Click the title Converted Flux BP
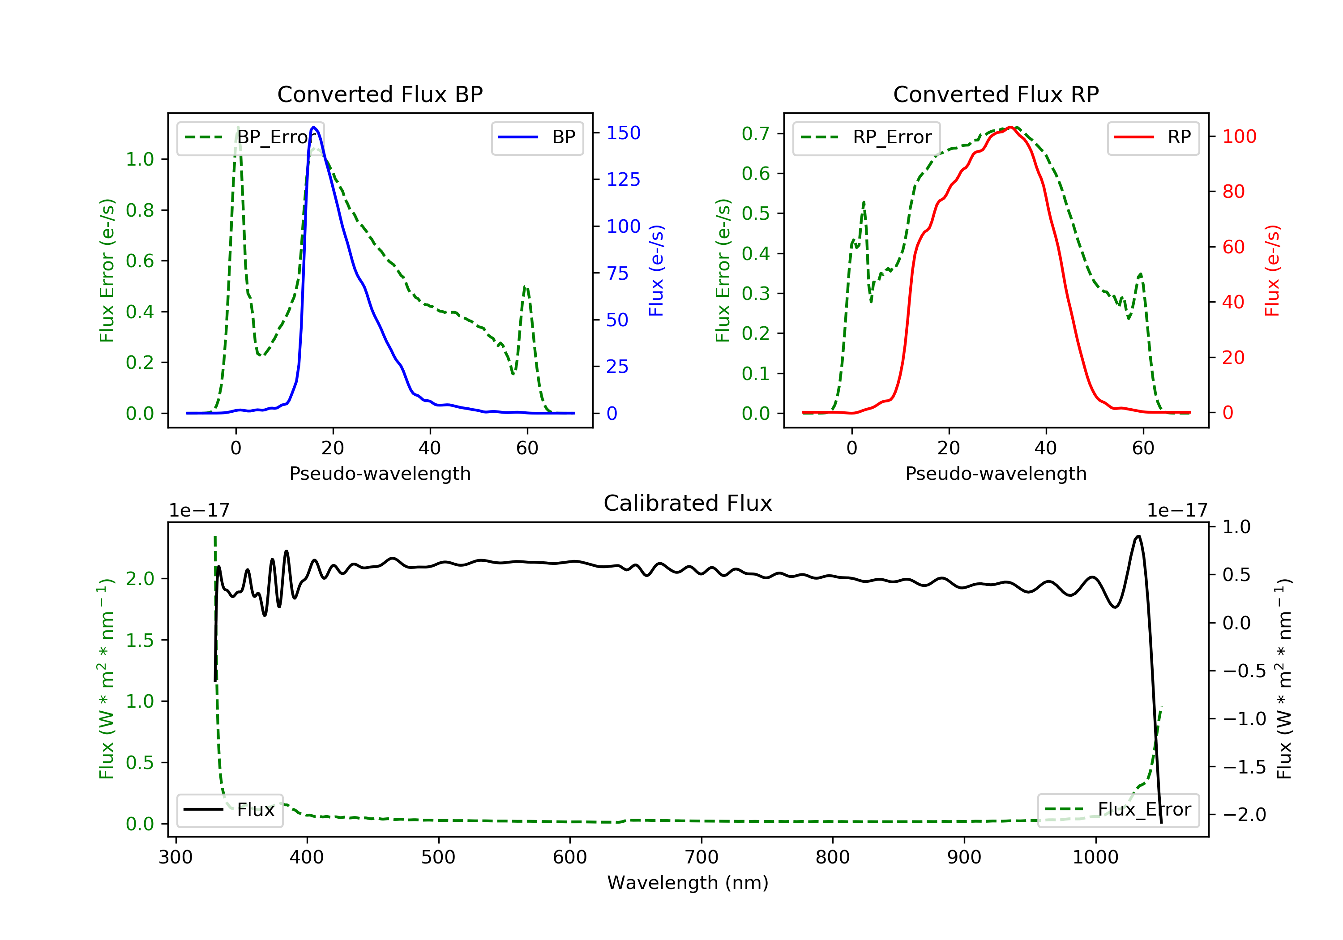coord(380,94)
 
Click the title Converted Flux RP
coord(996,94)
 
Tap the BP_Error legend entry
coord(250,137)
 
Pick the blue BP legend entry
coord(537,137)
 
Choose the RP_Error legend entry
coord(866,137)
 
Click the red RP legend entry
coord(1153,137)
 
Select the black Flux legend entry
coord(229,810)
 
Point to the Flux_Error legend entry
coord(1118,810)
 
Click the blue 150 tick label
coord(623,133)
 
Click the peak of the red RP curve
coord(1010,127)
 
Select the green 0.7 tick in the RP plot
coord(755,133)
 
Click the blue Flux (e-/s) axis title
coord(656,270)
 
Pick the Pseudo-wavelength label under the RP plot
coord(996,473)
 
